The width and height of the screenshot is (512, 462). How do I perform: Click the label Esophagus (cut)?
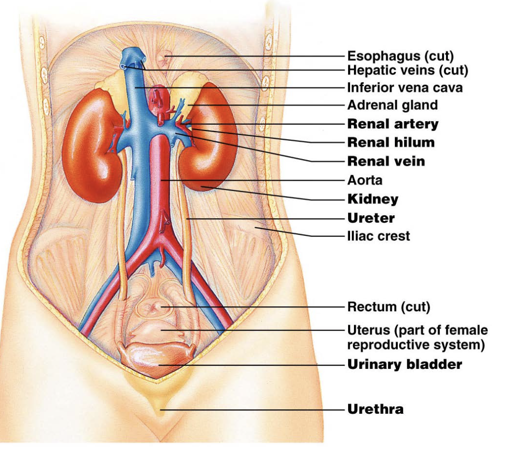tap(400, 56)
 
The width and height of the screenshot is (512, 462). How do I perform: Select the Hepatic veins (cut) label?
tap(408, 70)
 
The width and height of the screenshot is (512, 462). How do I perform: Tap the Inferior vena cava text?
tap(405, 88)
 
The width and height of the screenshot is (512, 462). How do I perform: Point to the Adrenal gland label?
tap(392, 105)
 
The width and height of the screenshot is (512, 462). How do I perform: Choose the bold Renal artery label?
tap(393, 124)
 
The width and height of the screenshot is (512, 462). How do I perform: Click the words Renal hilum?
tap(391, 142)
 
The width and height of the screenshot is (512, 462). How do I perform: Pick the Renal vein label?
tap(386, 161)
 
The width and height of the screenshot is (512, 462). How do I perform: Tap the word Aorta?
tap(365, 180)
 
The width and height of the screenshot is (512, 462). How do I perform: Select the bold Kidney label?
tap(373, 199)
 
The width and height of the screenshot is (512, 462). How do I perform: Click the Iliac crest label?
tap(378, 236)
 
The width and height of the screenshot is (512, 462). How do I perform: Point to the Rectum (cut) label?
tap(388, 307)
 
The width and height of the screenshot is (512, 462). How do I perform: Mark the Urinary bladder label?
tap(405, 364)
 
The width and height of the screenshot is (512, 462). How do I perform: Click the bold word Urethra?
tap(375, 409)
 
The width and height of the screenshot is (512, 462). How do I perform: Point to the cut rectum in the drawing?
tap(154, 308)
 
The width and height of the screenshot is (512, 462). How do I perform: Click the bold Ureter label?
tap(371, 218)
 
